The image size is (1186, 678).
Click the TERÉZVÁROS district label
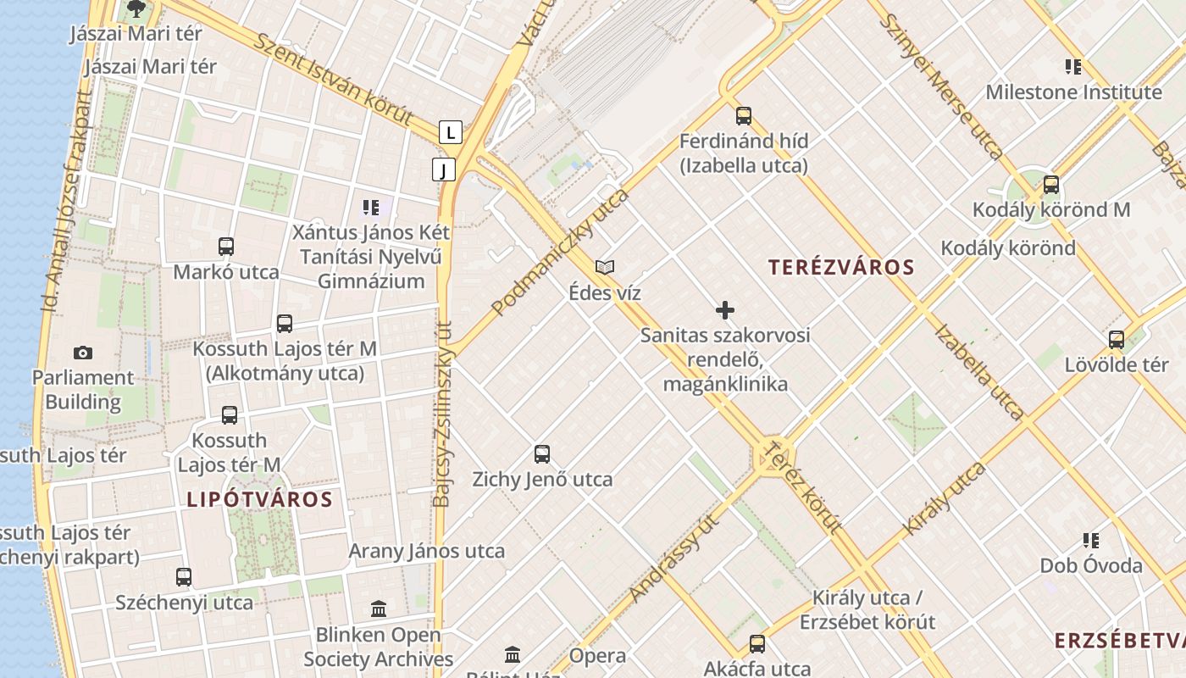pos(841,267)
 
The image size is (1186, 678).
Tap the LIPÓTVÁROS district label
pos(259,498)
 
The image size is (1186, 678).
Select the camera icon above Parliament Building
pos(83,353)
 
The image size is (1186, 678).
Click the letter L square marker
pos(451,132)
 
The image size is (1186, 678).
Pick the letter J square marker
pos(443,169)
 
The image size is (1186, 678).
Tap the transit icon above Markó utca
pos(226,247)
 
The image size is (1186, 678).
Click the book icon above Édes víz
pos(605,268)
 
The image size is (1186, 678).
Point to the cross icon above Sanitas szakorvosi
pos(725,310)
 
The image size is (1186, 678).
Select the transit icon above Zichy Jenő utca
pos(542,454)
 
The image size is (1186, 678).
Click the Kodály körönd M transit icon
pos(1051,184)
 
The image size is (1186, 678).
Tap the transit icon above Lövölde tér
pos(1117,340)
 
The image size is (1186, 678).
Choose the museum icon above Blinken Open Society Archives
pos(379,609)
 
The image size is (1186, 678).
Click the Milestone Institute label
pos(1073,92)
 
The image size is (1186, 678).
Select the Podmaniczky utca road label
pos(560,252)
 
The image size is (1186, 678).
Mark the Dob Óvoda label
pos(1091,565)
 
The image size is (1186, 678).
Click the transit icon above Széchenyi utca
pos(184,577)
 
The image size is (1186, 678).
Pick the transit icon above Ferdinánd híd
pos(744,116)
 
